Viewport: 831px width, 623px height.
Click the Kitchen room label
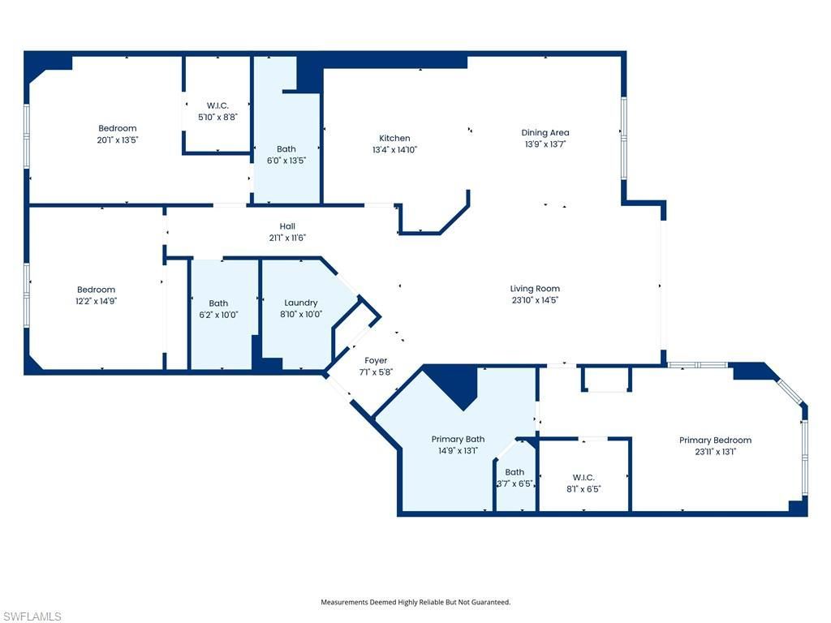point(394,139)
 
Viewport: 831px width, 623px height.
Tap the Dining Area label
point(545,133)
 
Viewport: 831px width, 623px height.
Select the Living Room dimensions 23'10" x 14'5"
point(535,300)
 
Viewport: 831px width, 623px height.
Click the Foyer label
point(376,360)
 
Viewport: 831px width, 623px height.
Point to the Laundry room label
point(301,303)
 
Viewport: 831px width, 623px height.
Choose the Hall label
point(287,226)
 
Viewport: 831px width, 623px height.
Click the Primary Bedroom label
point(715,440)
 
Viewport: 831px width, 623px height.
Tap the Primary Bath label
point(458,440)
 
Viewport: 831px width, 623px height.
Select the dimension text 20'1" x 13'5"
point(118,140)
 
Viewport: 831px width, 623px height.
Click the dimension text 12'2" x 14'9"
point(97,301)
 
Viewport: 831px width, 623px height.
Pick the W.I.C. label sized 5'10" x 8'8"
point(217,105)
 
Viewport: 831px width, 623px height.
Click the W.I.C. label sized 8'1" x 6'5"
point(583,477)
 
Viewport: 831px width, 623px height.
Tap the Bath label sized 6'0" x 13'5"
point(286,149)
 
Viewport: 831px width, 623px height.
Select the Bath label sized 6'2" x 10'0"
point(218,303)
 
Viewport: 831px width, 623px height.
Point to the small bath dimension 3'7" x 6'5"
point(515,483)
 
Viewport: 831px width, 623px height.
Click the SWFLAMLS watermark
point(32,617)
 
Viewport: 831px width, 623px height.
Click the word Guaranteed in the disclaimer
point(489,602)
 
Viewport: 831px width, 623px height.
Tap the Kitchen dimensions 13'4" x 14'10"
point(394,150)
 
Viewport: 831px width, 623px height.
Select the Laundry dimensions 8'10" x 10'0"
point(301,315)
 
